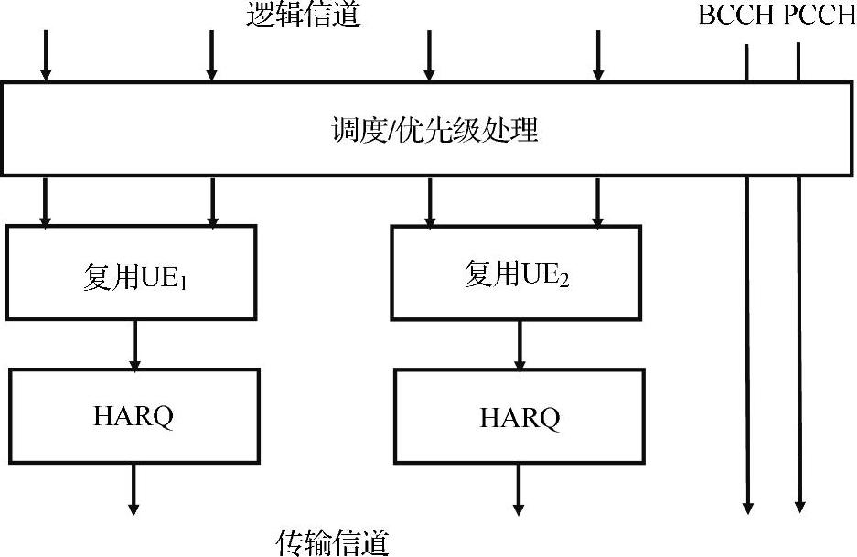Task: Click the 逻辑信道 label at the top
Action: (x=304, y=15)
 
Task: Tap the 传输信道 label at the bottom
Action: (x=333, y=543)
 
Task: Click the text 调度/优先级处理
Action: (x=434, y=130)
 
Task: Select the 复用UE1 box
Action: (x=130, y=273)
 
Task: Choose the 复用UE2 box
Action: (x=516, y=273)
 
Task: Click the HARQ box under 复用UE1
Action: (x=134, y=415)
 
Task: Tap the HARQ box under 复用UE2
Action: (x=520, y=417)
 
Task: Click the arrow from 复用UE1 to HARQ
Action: (x=134, y=344)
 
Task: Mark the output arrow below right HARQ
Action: (x=519, y=489)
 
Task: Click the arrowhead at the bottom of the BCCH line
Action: (x=748, y=505)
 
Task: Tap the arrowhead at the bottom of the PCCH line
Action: (x=800, y=505)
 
